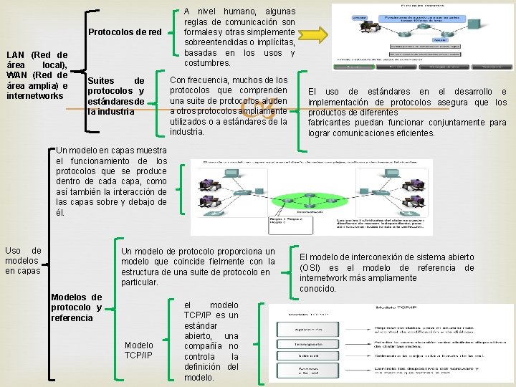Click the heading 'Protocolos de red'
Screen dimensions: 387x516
tap(125, 32)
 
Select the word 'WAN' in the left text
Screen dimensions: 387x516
tap(16, 75)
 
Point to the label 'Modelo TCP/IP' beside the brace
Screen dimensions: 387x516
tap(138, 350)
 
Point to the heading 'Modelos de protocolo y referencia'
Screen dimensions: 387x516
tap(77, 307)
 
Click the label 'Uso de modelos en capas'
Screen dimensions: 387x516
tap(23, 260)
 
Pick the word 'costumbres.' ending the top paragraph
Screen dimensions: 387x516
tap(208, 64)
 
